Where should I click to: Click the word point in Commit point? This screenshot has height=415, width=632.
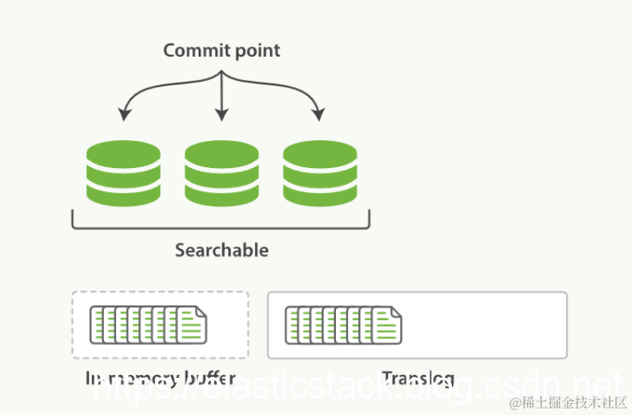click(x=253, y=51)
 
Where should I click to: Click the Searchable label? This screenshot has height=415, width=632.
click(x=222, y=250)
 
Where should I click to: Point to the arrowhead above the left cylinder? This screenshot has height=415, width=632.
click(x=123, y=115)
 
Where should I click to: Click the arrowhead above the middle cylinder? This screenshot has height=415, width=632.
click(x=221, y=115)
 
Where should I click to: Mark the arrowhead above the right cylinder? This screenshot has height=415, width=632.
click(x=318, y=115)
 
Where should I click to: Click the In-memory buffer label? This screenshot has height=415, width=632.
click(x=160, y=379)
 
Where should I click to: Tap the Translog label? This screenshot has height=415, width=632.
click(x=417, y=379)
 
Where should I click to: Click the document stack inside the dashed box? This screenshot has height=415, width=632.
click(x=148, y=324)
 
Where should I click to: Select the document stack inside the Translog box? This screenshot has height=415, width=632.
click(x=343, y=324)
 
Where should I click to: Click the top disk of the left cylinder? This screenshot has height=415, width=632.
click(x=123, y=151)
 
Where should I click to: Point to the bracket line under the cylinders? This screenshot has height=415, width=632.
click(x=221, y=227)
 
